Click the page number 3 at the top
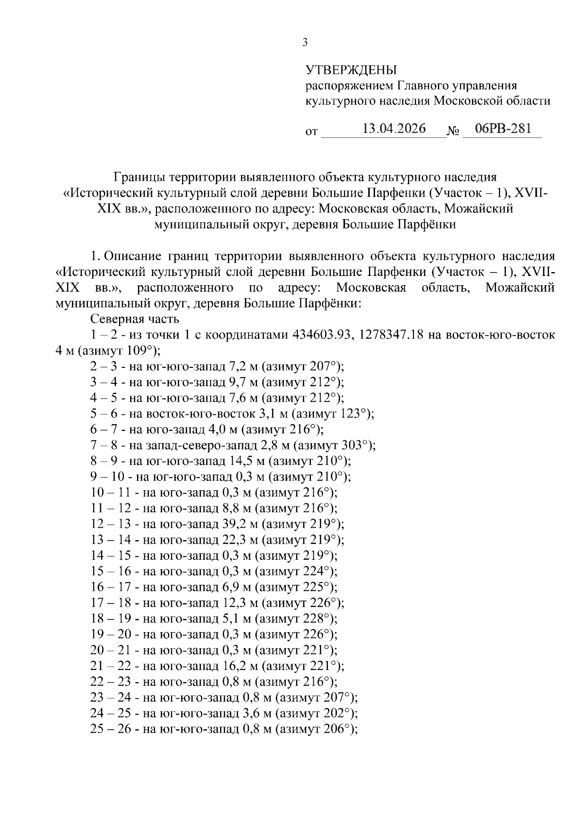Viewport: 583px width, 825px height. coord(305,43)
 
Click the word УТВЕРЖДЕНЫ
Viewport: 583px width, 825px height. coord(351,70)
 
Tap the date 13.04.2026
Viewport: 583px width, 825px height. coord(394,129)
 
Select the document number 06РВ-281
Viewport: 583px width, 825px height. coord(503,129)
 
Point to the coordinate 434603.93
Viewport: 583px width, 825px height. coord(322,335)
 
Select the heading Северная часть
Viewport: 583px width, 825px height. coord(135,319)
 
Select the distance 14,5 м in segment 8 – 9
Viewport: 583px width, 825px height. coord(248,461)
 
